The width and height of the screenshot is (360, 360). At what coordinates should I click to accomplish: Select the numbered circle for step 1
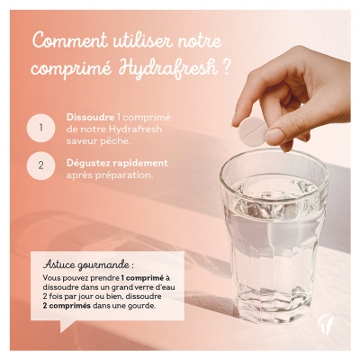coord(40,128)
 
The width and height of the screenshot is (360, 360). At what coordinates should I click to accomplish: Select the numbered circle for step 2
coord(40,166)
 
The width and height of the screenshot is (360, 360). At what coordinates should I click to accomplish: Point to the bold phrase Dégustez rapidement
coord(105,164)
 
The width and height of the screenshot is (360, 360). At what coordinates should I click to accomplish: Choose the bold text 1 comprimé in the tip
coord(134,279)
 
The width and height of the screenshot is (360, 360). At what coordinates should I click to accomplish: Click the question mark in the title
coord(214,69)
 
